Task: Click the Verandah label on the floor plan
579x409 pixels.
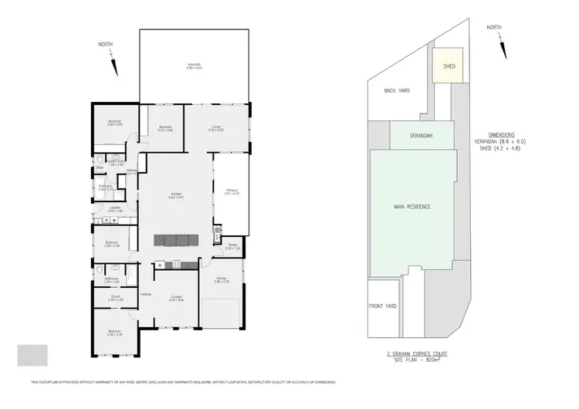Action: (194, 65)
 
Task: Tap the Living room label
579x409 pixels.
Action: (216, 128)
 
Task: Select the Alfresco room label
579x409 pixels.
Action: (231, 191)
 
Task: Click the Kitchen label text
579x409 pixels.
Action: (176, 195)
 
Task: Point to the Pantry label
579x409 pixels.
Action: (232, 246)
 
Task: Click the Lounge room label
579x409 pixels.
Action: (176, 298)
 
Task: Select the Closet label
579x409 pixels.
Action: (115, 297)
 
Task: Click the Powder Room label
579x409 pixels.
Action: (116, 163)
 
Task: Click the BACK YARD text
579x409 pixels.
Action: (397, 90)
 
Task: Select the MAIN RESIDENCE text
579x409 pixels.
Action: (411, 207)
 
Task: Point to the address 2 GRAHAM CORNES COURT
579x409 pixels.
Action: (417, 353)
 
